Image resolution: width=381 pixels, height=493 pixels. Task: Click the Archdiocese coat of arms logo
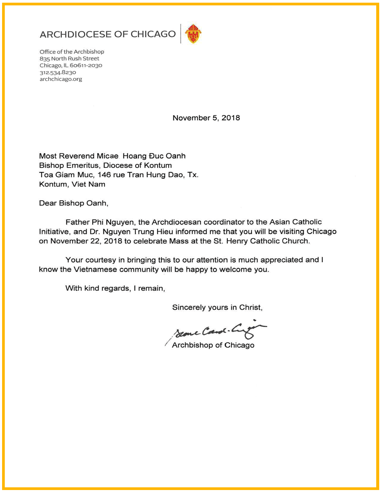click(193, 34)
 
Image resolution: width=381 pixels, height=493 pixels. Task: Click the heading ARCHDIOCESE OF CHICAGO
click(108, 34)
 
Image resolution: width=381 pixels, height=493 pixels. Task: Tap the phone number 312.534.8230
click(58, 72)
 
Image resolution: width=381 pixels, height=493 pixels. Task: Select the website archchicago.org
click(61, 79)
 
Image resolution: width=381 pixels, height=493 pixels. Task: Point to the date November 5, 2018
click(206, 118)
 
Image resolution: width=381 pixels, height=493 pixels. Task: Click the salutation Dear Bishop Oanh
click(73, 203)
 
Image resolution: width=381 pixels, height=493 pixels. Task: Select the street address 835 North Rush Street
click(69, 59)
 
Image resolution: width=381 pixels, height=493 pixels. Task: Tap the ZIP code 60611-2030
click(86, 65)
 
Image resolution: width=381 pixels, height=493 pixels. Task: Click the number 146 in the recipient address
click(104, 175)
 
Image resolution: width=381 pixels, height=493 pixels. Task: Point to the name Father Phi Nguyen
click(100, 222)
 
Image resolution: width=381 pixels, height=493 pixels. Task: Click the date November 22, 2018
click(86, 241)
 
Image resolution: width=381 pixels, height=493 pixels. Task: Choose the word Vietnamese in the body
click(95, 270)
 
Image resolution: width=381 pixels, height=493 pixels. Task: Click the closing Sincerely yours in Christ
click(217, 307)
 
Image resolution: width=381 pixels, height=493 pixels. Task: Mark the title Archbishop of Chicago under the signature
click(213, 345)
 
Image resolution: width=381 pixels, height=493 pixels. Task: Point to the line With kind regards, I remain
click(115, 288)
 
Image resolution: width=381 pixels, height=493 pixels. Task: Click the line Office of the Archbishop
click(72, 52)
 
